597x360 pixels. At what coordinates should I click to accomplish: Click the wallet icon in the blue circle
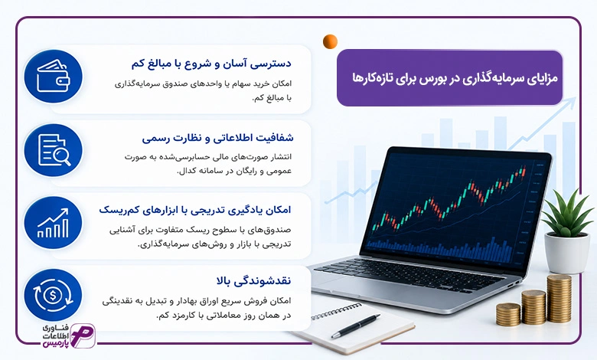[x=54, y=76]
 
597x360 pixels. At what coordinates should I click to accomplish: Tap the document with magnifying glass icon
[x=54, y=150]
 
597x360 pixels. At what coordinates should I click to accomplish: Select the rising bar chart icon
[x=54, y=223]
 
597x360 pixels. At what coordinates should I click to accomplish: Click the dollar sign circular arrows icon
[x=54, y=295]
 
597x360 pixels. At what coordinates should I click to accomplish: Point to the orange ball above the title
[x=330, y=41]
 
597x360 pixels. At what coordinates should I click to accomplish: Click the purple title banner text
[x=455, y=78]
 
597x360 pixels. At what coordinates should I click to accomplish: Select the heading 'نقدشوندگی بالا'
[x=253, y=281]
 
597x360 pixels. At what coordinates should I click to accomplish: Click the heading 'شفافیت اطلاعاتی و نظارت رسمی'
[x=217, y=138]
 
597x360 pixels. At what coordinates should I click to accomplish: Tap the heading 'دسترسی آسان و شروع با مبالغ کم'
[x=211, y=64]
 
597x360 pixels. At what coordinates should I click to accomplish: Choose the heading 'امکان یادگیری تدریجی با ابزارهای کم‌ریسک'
[x=195, y=210]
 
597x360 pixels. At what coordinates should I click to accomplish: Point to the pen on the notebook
[x=356, y=326]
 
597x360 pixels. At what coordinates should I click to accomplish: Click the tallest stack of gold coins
[x=559, y=299]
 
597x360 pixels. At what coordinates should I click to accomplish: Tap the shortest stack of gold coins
[x=508, y=314]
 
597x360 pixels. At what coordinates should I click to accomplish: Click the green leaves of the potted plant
[x=567, y=214]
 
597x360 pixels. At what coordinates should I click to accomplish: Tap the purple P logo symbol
[x=82, y=335]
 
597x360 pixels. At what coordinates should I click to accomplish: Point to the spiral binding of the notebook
[x=337, y=311]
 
